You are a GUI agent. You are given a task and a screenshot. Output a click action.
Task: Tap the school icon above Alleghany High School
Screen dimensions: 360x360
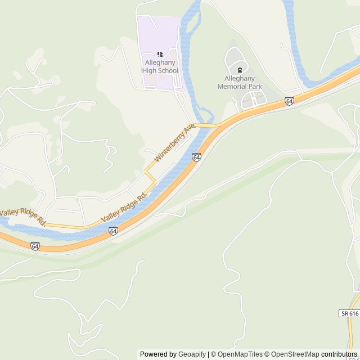click(x=160, y=54)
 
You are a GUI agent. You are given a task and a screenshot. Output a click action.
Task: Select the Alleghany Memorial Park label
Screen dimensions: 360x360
click(x=240, y=83)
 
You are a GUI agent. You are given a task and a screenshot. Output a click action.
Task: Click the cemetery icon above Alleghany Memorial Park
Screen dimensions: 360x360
click(x=240, y=70)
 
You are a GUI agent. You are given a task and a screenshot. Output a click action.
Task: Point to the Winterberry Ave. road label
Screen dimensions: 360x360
click(x=174, y=142)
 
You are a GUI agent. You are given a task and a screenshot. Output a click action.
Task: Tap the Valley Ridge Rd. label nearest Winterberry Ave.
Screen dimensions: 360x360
click(x=124, y=207)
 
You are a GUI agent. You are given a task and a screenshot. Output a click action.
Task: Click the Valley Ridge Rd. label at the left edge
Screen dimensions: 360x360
click(x=22, y=215)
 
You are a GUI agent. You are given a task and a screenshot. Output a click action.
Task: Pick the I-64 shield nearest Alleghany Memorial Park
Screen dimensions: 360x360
click(x=289, y=101)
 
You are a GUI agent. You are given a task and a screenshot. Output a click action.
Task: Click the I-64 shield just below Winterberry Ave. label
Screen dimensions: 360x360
click(x=196, y=157)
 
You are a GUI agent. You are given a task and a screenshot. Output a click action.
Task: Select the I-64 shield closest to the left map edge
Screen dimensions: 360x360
click(x=35, y=246)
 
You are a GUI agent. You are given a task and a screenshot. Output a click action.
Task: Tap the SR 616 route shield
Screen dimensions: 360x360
click(x=349, y=313)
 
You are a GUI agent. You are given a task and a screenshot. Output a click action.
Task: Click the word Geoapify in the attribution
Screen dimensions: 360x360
click(x=192, y=354)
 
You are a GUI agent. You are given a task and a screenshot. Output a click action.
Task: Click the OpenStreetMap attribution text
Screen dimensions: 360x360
click(x=292, y=354)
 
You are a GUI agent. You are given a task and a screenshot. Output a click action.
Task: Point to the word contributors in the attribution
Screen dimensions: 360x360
click(x=339, y=354)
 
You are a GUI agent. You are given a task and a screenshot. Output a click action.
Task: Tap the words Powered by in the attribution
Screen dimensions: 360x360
click(x=158, y=354)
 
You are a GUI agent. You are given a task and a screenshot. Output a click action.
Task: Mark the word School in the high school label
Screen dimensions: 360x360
click(x=168, y=71)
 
